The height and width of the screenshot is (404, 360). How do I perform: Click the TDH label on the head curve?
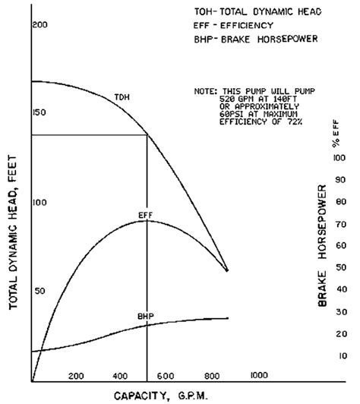point(121,96)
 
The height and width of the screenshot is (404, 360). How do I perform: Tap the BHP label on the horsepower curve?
point(146,315)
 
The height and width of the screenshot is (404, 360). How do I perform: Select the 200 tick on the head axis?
point(40,26)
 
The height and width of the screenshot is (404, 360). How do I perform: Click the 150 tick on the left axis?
point(40,112)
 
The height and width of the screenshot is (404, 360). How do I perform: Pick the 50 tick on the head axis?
point(40,291)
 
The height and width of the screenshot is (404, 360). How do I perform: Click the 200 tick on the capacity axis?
point(75,375)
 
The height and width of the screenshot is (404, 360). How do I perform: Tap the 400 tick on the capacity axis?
point(120,375)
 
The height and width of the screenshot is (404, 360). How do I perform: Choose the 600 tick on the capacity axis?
point(166,375)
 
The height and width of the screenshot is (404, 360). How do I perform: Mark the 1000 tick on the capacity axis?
point(259,375)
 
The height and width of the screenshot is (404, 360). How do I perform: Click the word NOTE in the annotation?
point(207,90)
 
